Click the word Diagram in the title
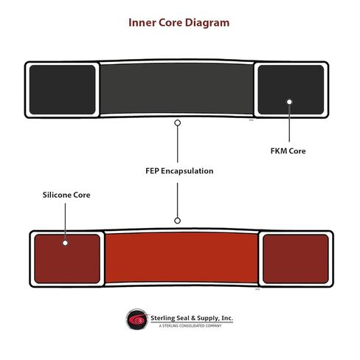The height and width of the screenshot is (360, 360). point(207,23)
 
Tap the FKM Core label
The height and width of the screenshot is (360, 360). point(288,150)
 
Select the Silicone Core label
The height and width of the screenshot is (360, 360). point(66,195)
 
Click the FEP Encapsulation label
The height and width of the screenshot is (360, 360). point(179,171)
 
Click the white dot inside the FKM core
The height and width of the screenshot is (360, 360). point(289,102)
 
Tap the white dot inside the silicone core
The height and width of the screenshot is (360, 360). point(65,243)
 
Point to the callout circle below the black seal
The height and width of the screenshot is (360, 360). point(178,123)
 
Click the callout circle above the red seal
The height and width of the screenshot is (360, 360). point(177,221)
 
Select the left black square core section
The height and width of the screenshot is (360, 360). point(62,89)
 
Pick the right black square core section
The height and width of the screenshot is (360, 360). point(291,89)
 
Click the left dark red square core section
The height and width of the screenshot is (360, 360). point(67,259)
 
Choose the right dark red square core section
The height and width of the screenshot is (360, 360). point(296,259)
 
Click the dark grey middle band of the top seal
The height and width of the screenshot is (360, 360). point(176,89)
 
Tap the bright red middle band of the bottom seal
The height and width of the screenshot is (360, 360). point(181,257)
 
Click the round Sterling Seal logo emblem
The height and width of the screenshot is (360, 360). point(137,319)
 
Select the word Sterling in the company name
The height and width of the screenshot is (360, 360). point(162,318)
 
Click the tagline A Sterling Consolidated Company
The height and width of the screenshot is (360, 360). point(190,326)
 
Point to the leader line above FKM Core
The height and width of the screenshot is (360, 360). point(289,123)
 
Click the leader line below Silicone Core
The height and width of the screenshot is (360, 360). point(65,221)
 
